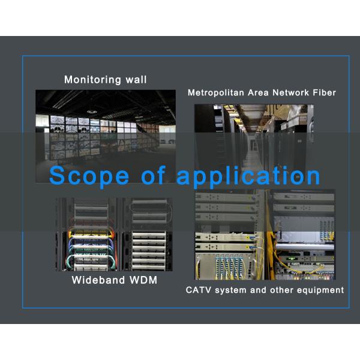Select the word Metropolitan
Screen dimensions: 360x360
click(x=215, y=93)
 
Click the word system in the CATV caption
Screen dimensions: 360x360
click(x=232, y=290)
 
